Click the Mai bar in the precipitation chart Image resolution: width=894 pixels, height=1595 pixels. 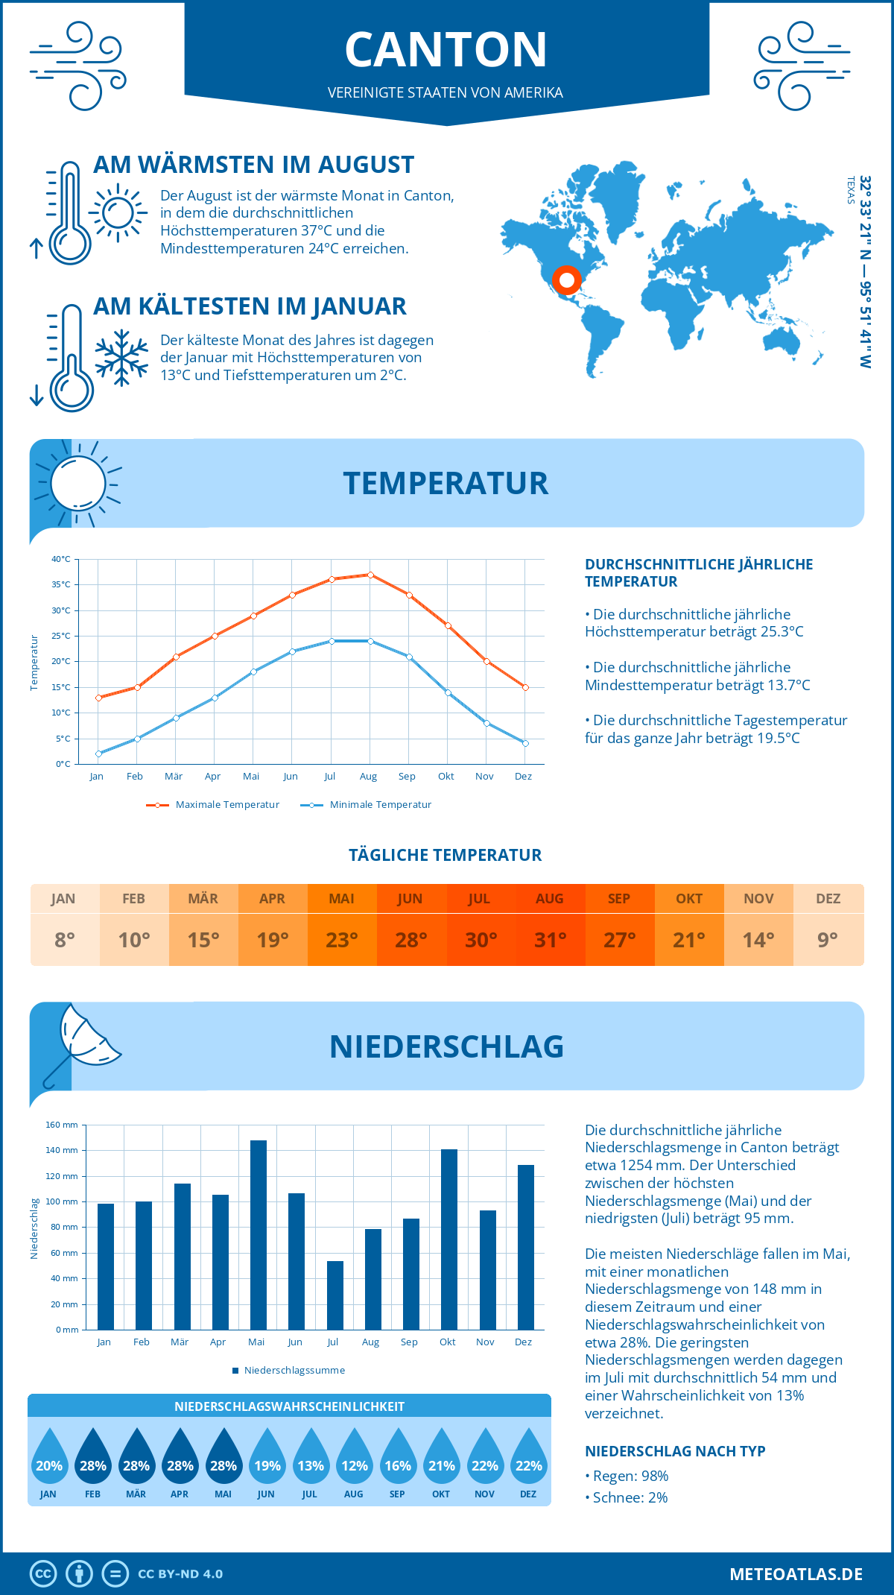click(259, 1235)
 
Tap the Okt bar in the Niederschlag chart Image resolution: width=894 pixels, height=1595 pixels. click(449, 1239)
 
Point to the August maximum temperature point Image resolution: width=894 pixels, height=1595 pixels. click(370, 575)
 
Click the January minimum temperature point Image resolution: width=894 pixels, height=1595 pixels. click(98, 754)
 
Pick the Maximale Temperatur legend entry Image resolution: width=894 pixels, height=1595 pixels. click(213, 805)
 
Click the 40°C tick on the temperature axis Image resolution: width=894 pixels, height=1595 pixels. click(61, 559)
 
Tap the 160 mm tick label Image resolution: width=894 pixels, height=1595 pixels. click(62, 1125)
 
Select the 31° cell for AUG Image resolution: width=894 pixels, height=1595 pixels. click(550, 940)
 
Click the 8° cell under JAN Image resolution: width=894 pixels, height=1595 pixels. click(65, 940)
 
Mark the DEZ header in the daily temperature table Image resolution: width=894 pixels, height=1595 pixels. click(828, 899)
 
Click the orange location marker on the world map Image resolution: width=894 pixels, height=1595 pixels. click(567, 280)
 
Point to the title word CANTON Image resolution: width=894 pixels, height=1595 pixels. click(446, 50)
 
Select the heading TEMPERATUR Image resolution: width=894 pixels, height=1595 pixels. click(446, 483)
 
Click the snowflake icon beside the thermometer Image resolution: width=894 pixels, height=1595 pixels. click(121, 357)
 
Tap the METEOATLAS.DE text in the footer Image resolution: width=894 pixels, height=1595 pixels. click(796, 1574)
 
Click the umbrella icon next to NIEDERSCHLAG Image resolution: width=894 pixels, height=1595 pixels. click(82, 1040)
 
